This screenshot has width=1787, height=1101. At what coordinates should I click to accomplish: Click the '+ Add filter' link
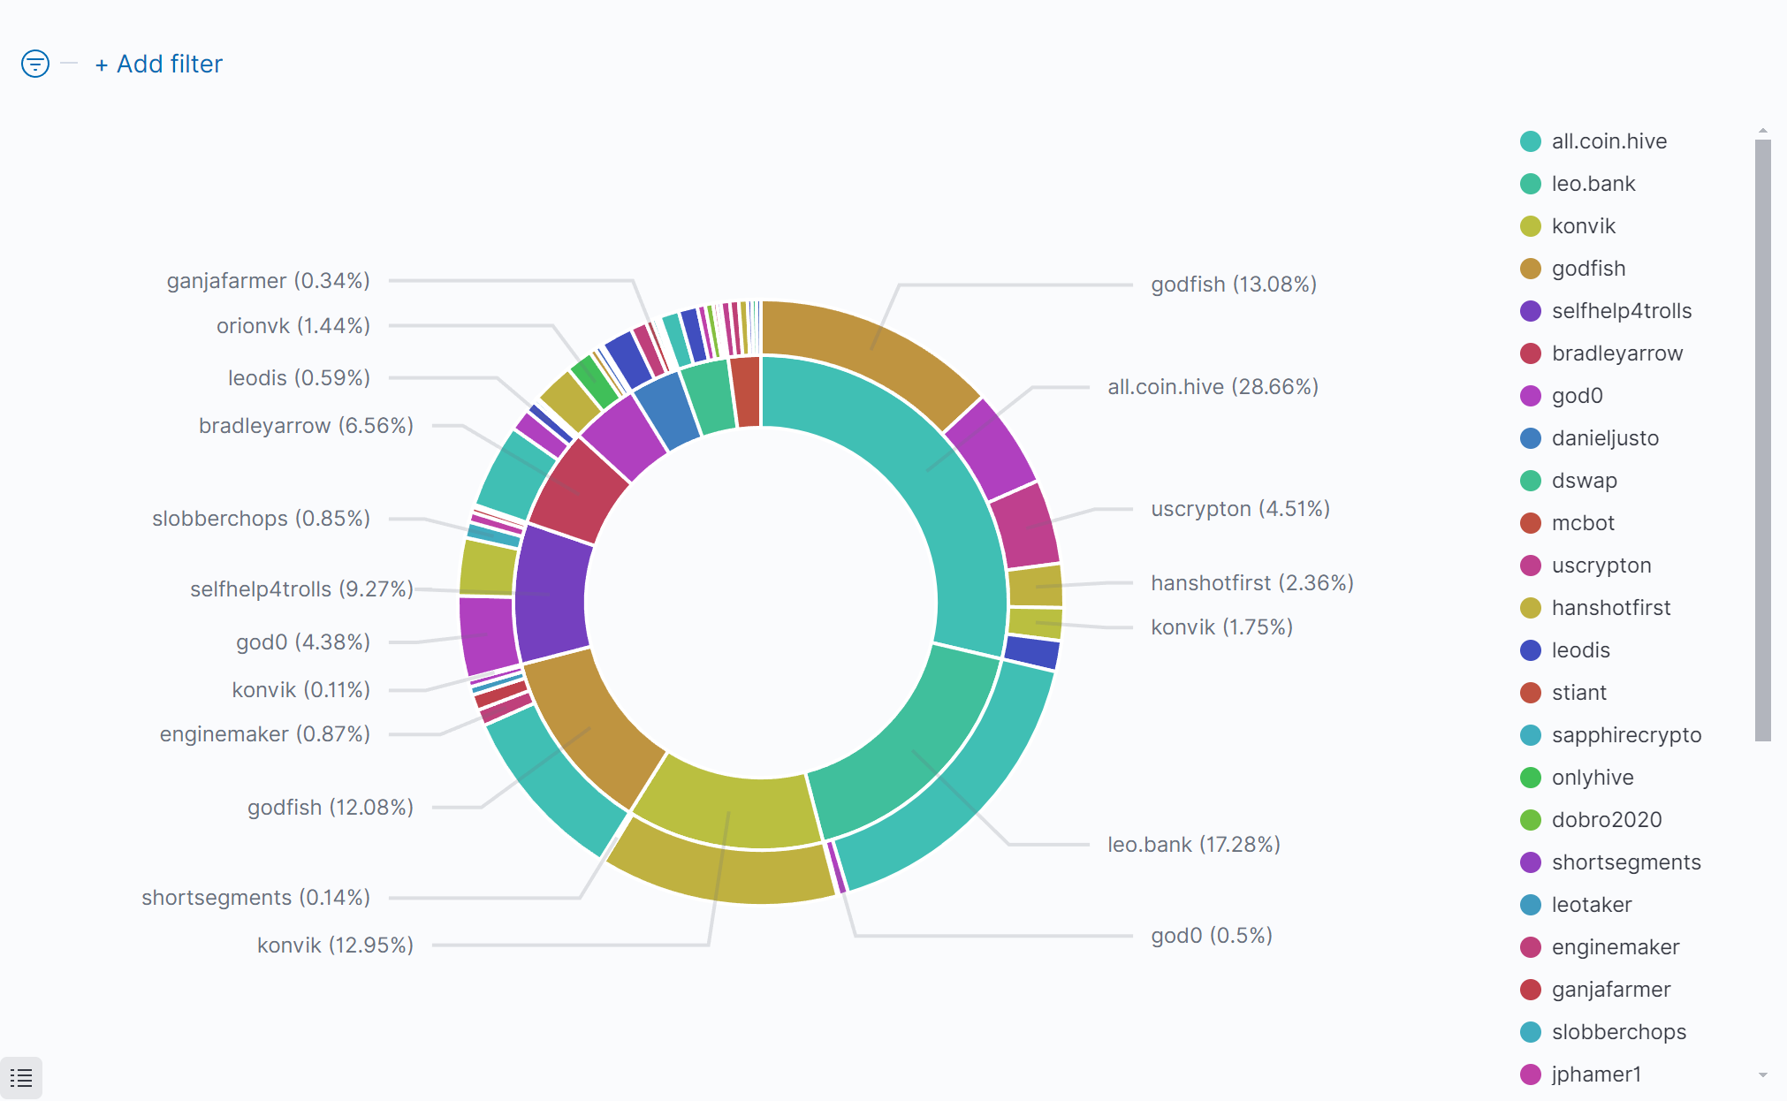coord(160,65)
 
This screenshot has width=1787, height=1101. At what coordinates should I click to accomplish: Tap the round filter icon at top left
coord(35,64)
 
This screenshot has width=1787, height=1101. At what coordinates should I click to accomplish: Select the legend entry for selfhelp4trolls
coord(1621,311)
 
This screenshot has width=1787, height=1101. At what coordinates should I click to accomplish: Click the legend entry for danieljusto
coord(1604,438)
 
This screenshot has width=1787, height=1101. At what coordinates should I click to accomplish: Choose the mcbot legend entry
coord(1582,523)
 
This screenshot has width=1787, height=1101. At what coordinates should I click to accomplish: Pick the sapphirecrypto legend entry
coord(1625,735)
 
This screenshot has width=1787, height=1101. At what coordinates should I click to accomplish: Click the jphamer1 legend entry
coord(1595,1074)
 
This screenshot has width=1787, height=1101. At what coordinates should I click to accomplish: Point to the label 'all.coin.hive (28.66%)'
coord(1213,387)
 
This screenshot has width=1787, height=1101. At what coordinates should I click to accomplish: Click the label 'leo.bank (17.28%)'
coord(1193,845)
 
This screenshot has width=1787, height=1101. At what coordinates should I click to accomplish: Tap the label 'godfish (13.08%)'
coord(1233,285)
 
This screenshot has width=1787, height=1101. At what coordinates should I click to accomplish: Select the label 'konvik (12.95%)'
coord(335,945)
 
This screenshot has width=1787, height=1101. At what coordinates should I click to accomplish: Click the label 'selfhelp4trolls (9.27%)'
coord(301,589)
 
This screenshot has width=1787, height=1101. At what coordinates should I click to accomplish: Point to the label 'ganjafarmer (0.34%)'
coord(268,281)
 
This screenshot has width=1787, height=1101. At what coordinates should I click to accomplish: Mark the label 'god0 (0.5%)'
coord(1211,936)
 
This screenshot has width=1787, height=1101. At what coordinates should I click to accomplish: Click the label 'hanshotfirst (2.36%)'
coord(1251,583)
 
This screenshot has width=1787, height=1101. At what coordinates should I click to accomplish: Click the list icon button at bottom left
coord(21,1078)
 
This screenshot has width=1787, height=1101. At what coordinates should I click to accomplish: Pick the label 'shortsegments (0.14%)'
coord(255,898)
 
